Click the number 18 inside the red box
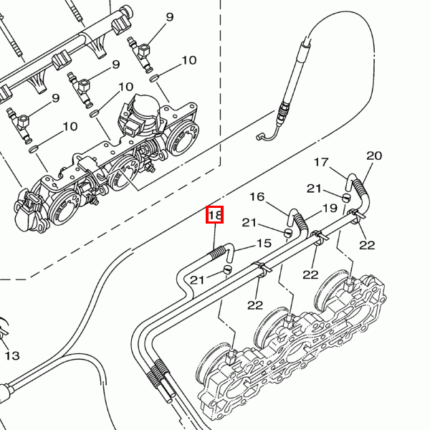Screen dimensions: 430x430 click(215, 215)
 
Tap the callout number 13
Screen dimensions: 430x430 click(12, 355)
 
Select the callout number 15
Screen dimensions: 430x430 click(264, 243)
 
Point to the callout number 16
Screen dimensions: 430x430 click(257, 196)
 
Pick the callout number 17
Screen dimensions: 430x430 click(321, 162)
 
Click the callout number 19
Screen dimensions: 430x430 click(330, 209)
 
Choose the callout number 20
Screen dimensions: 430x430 click(374, 156)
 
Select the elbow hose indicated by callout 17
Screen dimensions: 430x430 click(349, 181)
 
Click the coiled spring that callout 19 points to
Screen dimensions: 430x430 click(301, 222)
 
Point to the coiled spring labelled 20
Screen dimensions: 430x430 click(359, 186)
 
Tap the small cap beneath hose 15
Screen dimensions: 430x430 click(227, 269)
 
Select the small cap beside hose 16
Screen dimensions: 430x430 click(288, 233)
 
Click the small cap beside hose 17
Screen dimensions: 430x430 click(347, 197)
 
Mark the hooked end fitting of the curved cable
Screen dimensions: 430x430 click(261, 136)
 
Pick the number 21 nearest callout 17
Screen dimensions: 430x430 click(314, 188)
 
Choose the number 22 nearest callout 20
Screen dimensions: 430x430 click(367, 245)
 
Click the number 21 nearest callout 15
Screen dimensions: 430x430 click(197, 280)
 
